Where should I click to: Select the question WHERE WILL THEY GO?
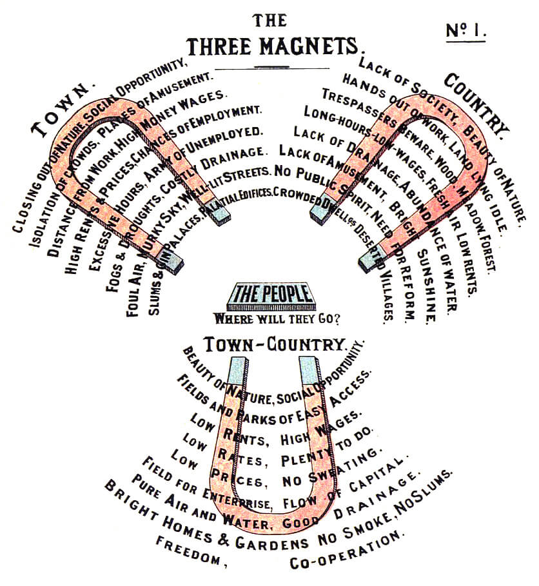(277, 318)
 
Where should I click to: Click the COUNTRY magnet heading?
(477, 101)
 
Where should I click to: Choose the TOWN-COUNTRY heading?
(274, 345)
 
